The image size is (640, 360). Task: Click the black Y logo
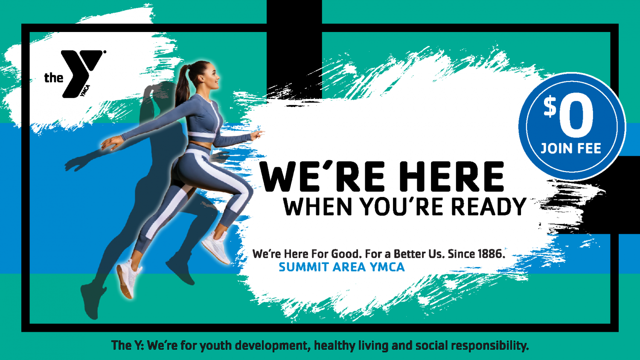tap(81, 74)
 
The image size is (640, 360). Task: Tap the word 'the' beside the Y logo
tap(53, 78)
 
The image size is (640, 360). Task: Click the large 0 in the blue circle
tap(576, 116)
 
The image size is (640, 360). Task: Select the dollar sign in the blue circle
tap(550, 107)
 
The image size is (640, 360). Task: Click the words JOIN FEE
tap(571, 148)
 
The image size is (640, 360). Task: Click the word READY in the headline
tap(489, 206)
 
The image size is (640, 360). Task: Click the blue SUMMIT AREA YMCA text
tap(342, 267)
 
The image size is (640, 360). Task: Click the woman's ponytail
tap(183, 86)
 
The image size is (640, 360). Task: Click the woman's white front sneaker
tap(216, 247)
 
